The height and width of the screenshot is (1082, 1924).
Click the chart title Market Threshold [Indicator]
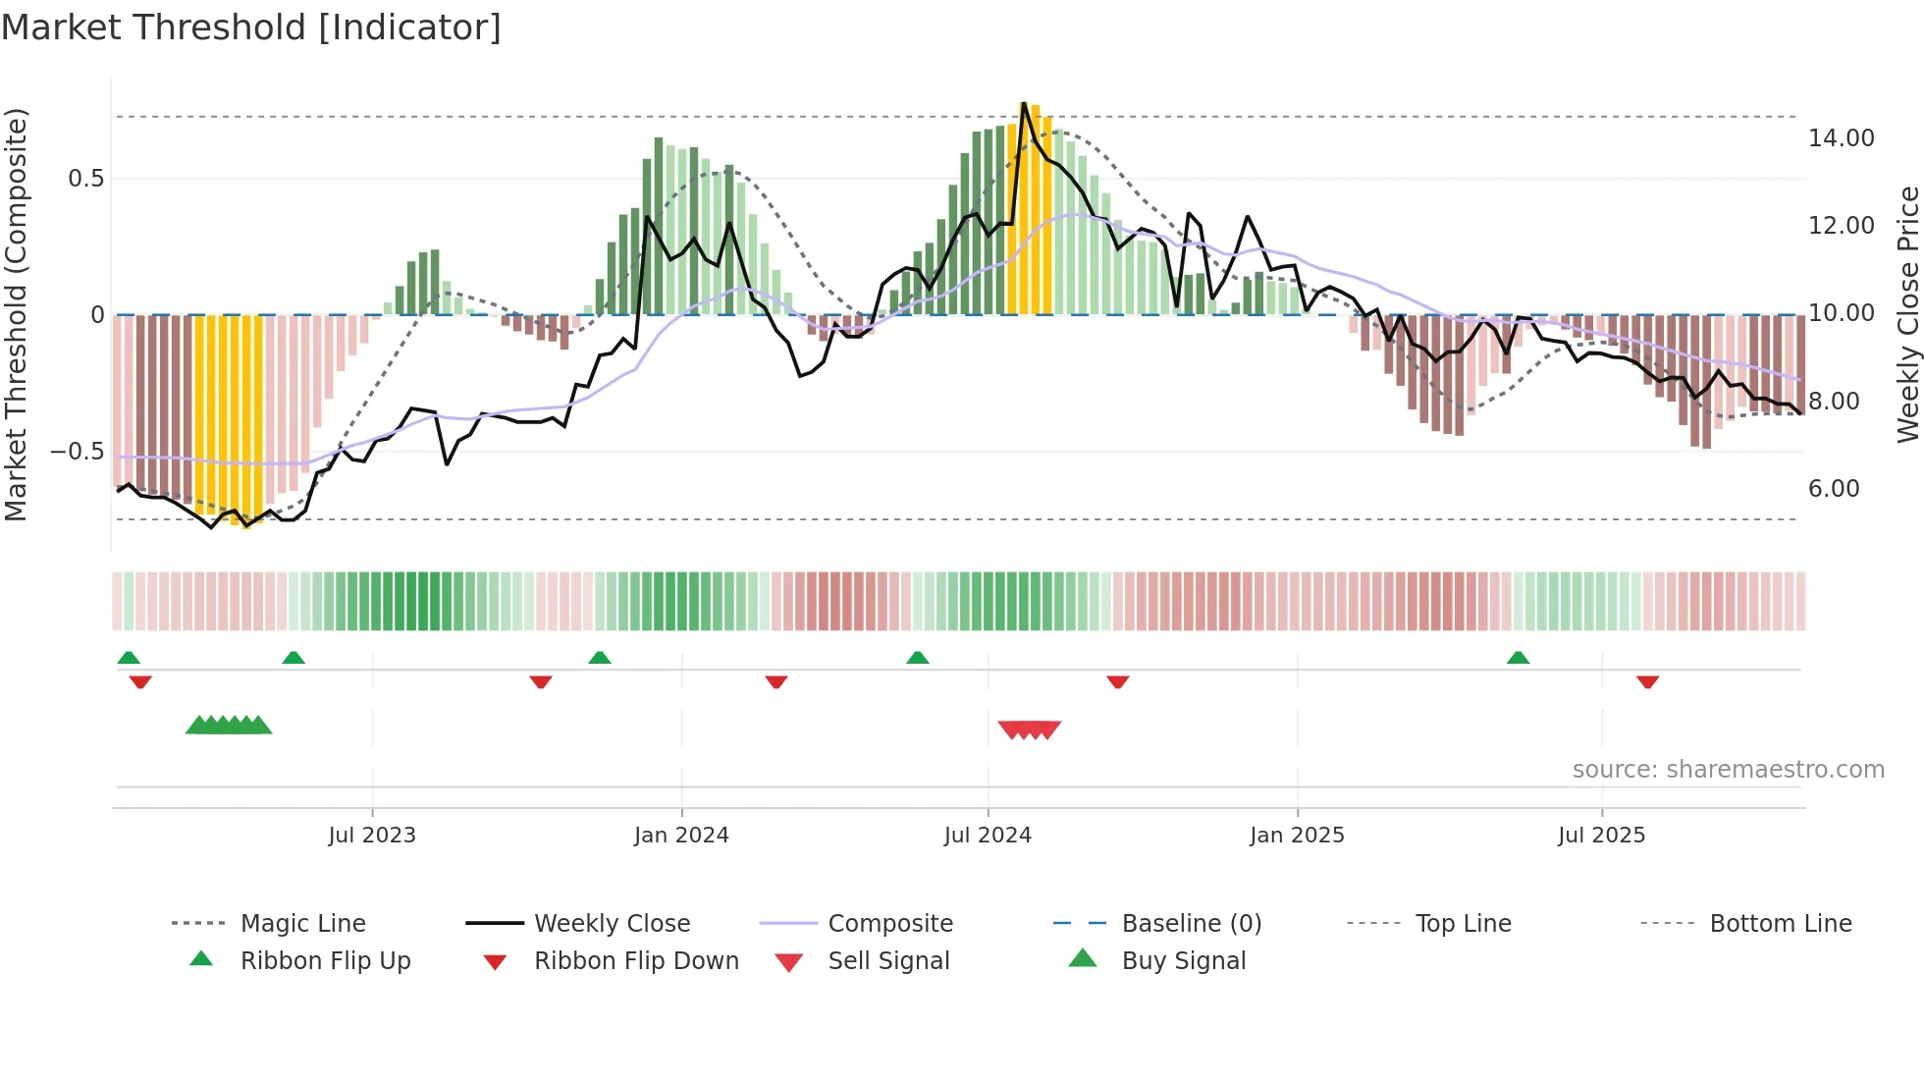pyautogui.click(x=251, y=27)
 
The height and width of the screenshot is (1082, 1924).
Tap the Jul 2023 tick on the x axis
pyautogui.click(x=372, y=836)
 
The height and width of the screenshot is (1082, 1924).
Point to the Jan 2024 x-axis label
pyautogui.click(x=681, y=836)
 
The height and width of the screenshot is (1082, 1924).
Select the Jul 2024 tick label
pyautogui.click(x=988, y=836)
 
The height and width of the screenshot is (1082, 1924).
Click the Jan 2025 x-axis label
pyautogui.click(x=1297, y=836)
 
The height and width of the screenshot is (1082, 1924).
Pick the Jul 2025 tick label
pyautogui.click(x=1601, y=836)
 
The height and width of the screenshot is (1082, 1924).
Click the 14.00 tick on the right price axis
pyautogui.click(x=1842, y=138)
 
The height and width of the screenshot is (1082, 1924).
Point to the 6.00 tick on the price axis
pyautogui.click(x=1834, y=489)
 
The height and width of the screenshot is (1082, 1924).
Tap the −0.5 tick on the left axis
pyautogui.click(x=77, y=452)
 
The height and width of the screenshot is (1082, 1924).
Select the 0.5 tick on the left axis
pyautogui.click(x=85, y=179)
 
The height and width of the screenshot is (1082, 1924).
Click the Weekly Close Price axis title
pyautogui.click(x=1907, y=314)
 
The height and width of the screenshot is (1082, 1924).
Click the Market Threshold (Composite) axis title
pyautogui.click(x=16, y=314)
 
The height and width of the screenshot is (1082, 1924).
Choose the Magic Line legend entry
pyautogui.click(x=302, y=924)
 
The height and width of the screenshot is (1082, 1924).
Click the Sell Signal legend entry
pyautogui.click(x=888, y=961)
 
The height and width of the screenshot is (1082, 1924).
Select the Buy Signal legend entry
pyautogui.click(x=1183, y=961)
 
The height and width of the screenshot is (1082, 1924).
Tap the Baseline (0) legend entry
pyautogui.click(x=1191, y=924)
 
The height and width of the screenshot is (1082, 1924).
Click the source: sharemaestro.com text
pyautogui.click(x=1728, y=770)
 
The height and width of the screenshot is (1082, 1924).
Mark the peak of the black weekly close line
pyautogui.click(x=1024, y=103)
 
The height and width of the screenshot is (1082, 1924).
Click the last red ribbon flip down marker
pyautogui.click(x=1647, y=681)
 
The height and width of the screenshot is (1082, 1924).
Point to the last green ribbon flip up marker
pyautogui.click(x=1518, y=658)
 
